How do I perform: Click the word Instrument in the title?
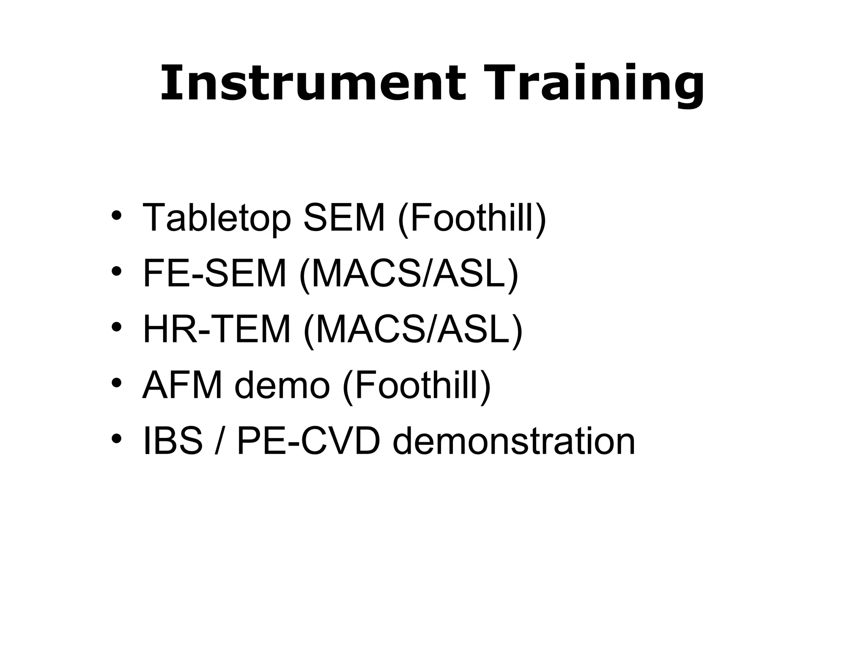[x=313, y=83]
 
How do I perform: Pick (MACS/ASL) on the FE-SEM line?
[x=408, y=275]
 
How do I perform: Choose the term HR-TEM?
[x=217, y=330]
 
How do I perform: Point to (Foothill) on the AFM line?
[x=417, y=386]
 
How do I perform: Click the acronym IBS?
[x=173, y=441]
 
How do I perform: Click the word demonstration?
[x=514, y=441]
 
